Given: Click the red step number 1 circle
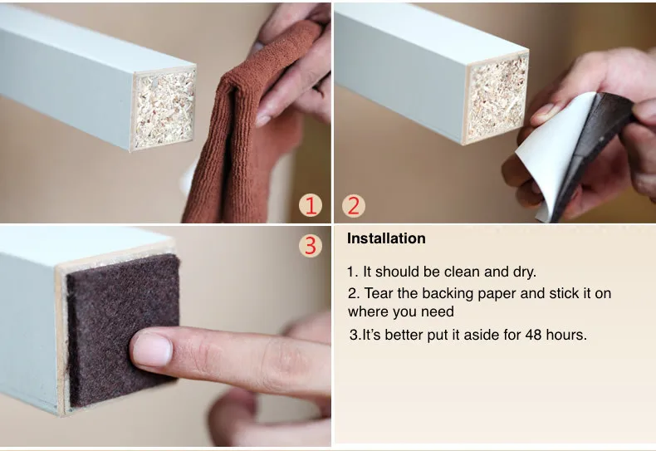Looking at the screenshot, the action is click(311, 206).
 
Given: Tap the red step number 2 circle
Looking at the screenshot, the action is click(354, 206).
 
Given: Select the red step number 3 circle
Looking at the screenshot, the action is click(311, 246).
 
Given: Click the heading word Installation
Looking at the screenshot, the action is click(386, 238).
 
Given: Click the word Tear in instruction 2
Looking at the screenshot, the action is click(379, 293).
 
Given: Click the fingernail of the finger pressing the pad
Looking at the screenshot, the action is click(152, 350).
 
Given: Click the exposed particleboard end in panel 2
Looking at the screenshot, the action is click(497, 98).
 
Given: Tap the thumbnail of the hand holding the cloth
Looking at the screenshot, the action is click(262, 120).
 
